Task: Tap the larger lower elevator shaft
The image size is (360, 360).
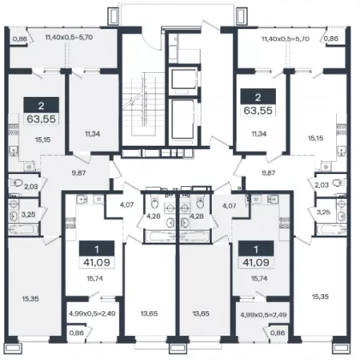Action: click(183, 120)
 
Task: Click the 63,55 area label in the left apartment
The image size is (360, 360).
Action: click(41, 118)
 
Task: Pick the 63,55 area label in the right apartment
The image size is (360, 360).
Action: click(258, 110)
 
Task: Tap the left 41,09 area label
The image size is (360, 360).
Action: click(97, 262)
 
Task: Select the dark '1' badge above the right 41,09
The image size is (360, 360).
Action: click(256, 249)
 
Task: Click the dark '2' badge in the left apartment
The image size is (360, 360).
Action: click(41, 105)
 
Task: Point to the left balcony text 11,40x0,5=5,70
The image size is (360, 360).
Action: click(69, 37)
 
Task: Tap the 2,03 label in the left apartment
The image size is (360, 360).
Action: click(31, 187)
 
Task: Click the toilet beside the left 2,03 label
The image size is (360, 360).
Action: click(16, 183)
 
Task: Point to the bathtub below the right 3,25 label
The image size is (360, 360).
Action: click(331, 230)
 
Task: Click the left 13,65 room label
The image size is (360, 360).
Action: click(149, 314)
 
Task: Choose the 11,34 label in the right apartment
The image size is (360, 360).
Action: click(259, 134)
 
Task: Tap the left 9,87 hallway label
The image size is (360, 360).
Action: click(79, 173)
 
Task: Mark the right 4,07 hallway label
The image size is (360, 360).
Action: click(229, 205)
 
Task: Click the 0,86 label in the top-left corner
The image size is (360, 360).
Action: click(20, 39)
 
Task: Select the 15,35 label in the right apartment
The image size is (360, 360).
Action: click(321, 297)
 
